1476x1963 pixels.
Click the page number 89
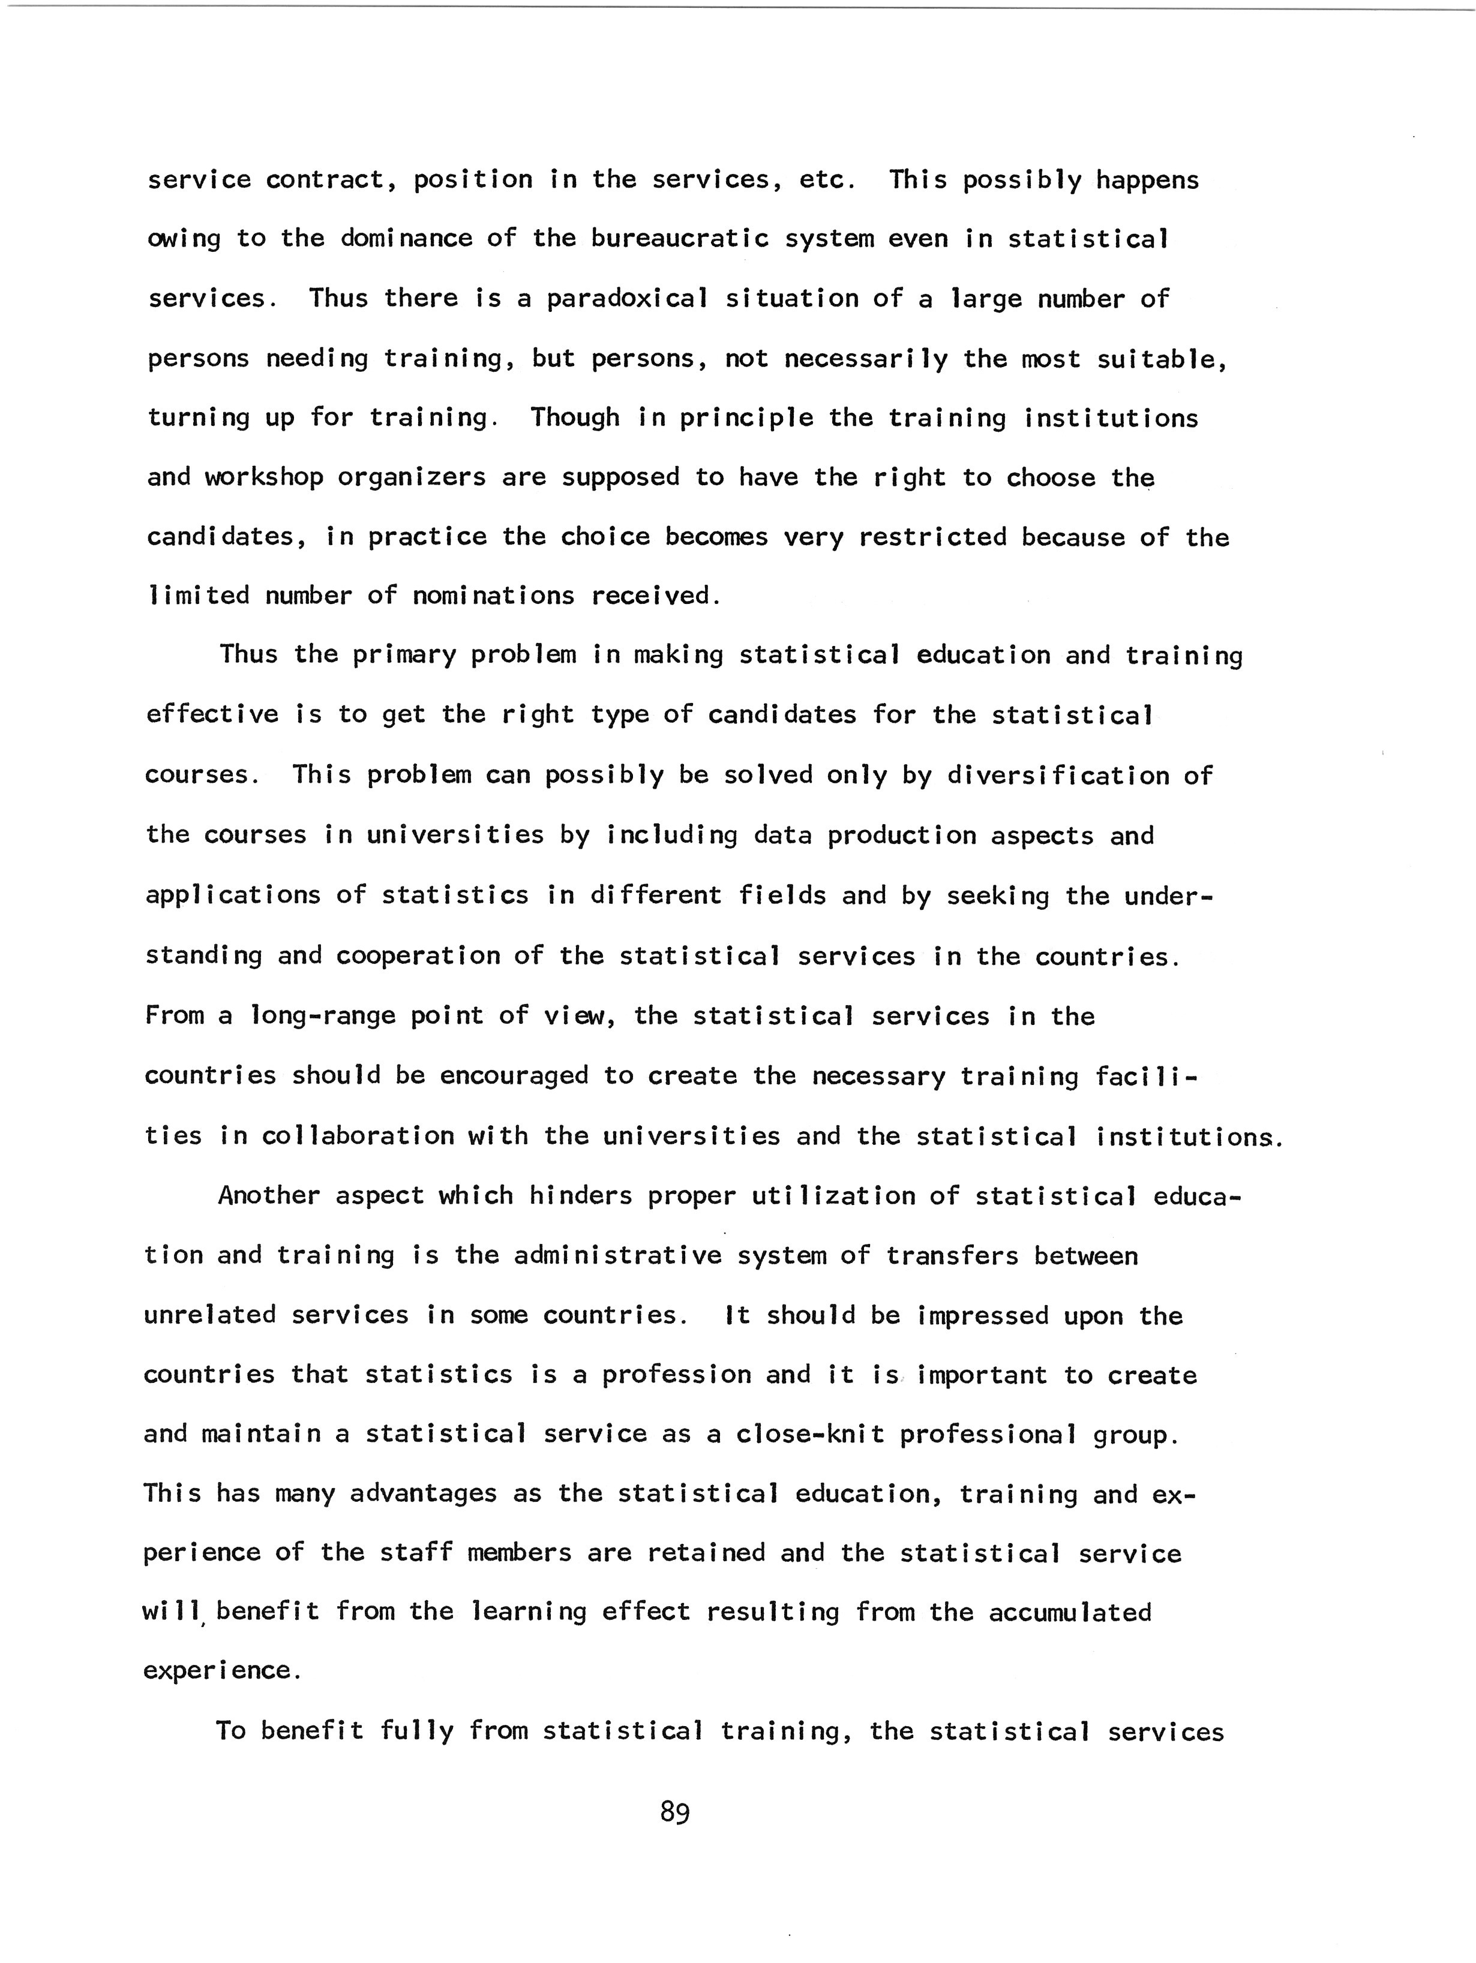[x=674, y=1812]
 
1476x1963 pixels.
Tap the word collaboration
[x=358, y=1136]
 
